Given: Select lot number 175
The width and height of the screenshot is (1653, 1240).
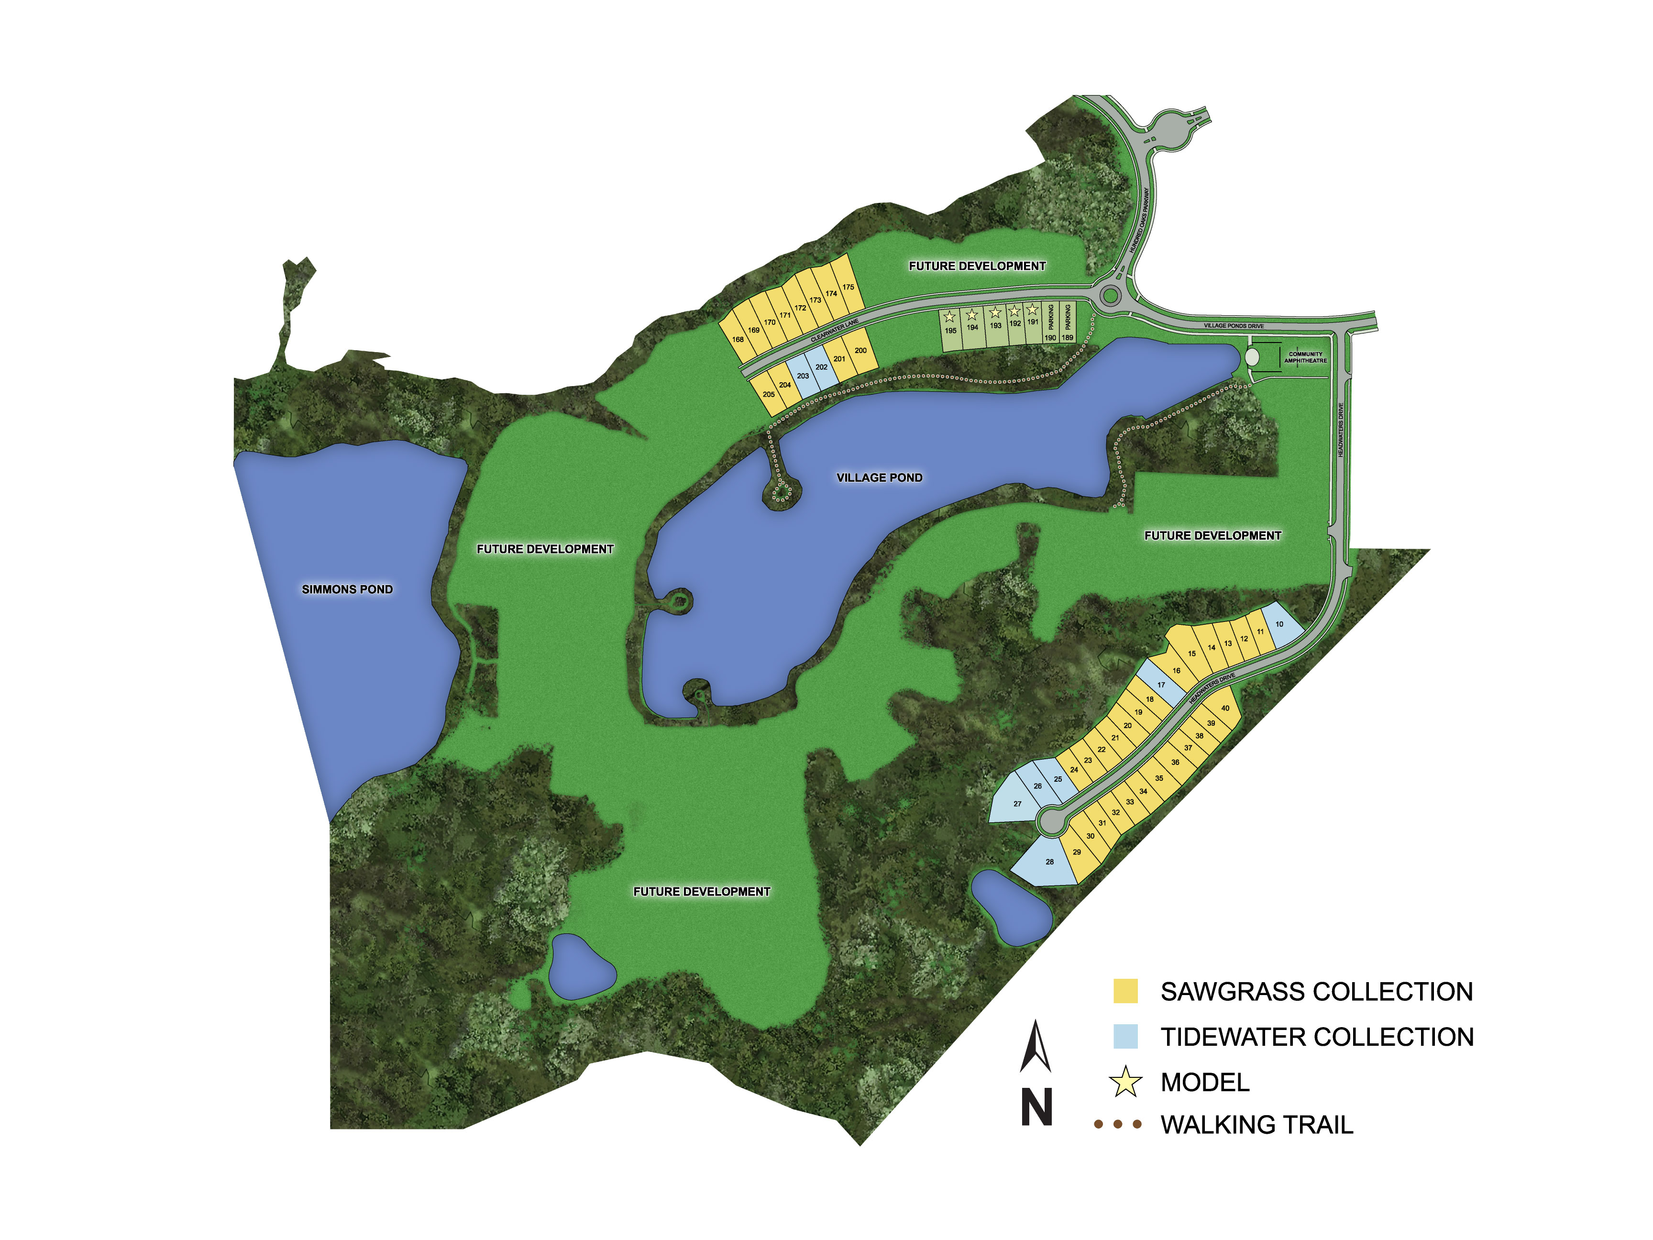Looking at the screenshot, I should [848, 287].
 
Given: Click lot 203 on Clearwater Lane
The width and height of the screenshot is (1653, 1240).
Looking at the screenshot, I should [803, 376].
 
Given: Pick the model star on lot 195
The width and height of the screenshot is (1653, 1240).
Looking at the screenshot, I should [950, 317].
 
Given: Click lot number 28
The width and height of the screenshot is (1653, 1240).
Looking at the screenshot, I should [1049, 862].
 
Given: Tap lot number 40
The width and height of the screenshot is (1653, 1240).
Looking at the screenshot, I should [1225, 709].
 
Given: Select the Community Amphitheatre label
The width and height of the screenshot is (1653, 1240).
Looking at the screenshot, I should [1305, 357].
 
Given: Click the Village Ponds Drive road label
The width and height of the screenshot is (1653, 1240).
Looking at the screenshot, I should [1234, 326].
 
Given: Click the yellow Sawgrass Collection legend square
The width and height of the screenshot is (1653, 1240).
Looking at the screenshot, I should [1125, 991].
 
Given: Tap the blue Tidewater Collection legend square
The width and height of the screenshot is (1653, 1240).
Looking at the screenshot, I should [1125, 1037].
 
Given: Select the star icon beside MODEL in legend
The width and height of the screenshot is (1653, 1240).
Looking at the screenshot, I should [1125, 1082].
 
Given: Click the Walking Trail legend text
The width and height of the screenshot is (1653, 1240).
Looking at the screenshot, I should [1257, 1125].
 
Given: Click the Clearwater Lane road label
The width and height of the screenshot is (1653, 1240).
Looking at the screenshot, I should [834, 330].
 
